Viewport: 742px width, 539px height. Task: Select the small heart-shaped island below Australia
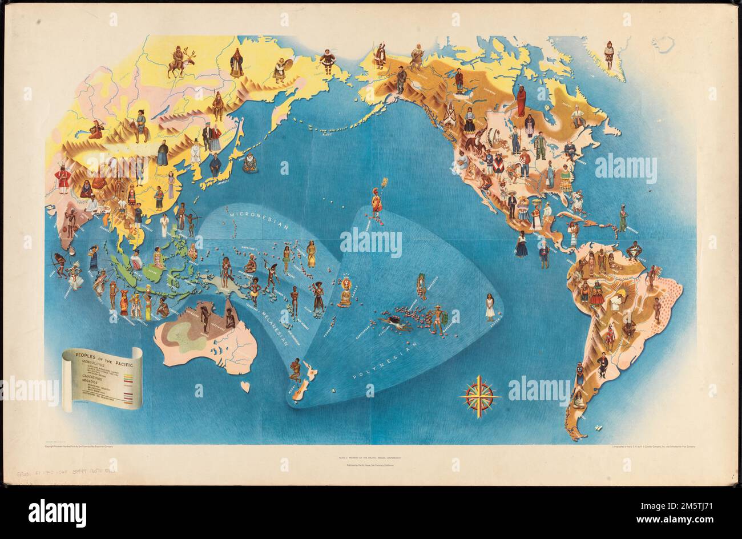click(245, 387)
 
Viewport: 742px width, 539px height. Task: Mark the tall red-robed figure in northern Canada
click(521, 100)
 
